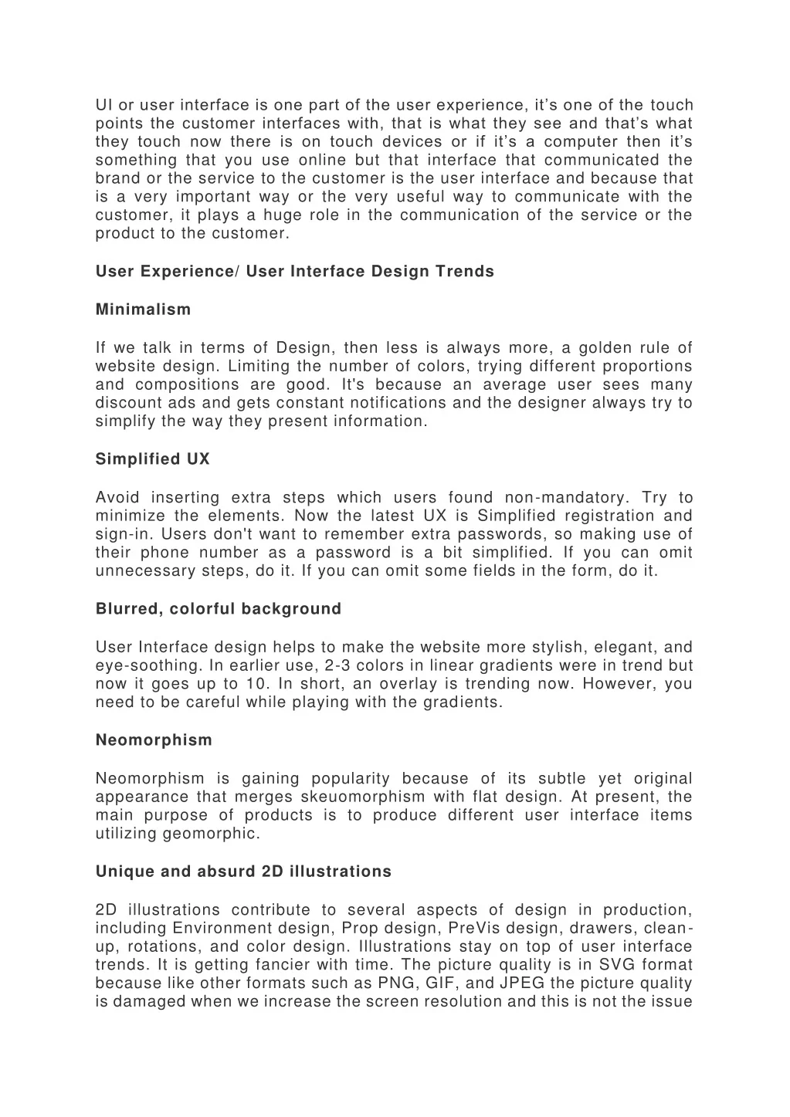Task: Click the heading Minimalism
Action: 143,310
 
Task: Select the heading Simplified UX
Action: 152,459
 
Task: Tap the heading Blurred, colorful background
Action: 218,609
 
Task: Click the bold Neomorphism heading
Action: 154,740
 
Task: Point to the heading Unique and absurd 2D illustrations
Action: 243,872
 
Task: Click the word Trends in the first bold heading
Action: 464,272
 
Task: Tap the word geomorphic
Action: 211,834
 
